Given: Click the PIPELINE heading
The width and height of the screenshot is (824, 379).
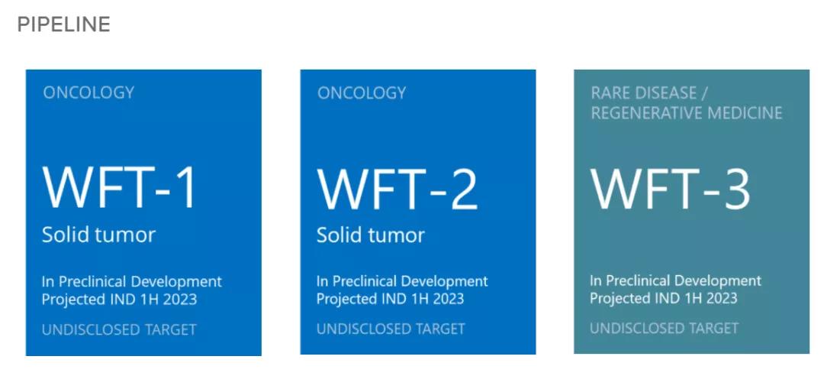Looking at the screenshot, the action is pyautogui.click(x=63, y=24).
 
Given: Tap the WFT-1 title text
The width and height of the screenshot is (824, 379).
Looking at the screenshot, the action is pyautogui.click(x=119, y=188).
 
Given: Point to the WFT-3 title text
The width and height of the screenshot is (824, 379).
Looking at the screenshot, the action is pyautogui.click(x=671, y=189).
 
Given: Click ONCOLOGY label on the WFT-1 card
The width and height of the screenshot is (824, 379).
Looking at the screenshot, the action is pyautogui.click(x=89, y=92).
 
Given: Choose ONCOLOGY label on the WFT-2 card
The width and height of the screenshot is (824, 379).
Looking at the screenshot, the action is pyautogui.click(x=362, y=93).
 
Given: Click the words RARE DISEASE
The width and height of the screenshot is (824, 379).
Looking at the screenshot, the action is pyautogui.click(x=644, y=92).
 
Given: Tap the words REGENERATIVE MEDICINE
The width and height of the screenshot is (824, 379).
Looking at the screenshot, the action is pyautogui.click(x=687, y=112).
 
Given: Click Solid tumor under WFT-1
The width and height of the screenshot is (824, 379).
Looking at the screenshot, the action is pyautogui.click(x=98, y=235).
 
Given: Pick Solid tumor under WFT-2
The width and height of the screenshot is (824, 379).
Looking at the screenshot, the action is pyautogui.click(x=371, y=235).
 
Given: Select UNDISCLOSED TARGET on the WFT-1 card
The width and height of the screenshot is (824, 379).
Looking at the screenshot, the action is pyautogui.click(x=119, y=330).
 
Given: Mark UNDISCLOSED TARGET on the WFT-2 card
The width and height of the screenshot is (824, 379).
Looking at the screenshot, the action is pyautogui.click(x=391, y=329).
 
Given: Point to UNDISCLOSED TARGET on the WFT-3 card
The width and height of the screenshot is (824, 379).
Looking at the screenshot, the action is pyautogui.click(x=664, y=328).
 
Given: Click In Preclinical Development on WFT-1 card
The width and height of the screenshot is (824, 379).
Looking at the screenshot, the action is pyautogui.click(x=132, y=282).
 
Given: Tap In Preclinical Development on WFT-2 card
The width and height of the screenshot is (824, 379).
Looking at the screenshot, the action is pyautogui.click(x=402, y=281).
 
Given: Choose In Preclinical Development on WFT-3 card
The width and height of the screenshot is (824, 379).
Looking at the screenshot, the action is pyautogui.click(x=675, y=280).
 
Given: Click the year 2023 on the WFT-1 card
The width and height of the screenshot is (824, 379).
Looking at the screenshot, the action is pyautogui.click(x=179, y=300).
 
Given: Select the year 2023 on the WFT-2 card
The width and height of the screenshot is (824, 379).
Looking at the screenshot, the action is pyautogui.click(x=446, y=299).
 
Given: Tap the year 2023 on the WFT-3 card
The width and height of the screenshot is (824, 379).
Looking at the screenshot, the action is pyautogui.click(x=720, y=298).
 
